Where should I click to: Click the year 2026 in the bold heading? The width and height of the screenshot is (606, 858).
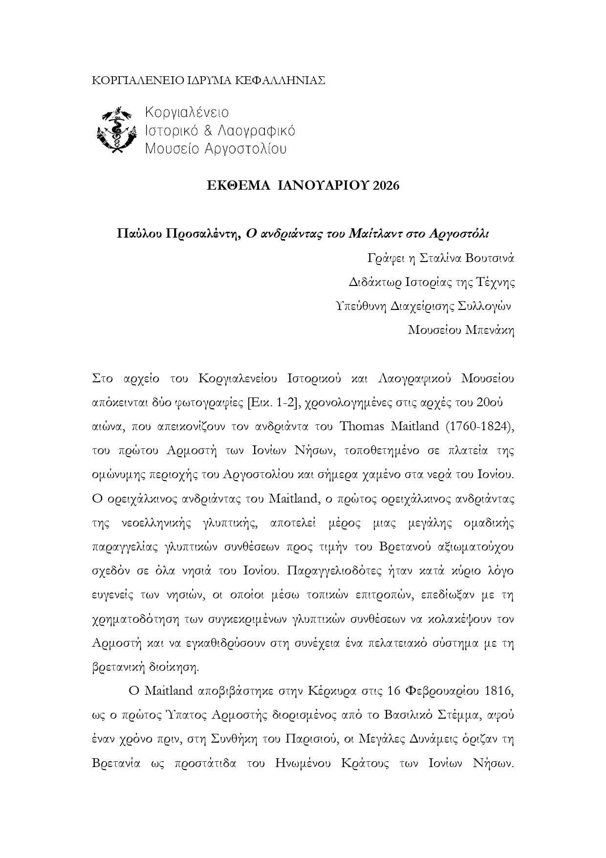point(386,186)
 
